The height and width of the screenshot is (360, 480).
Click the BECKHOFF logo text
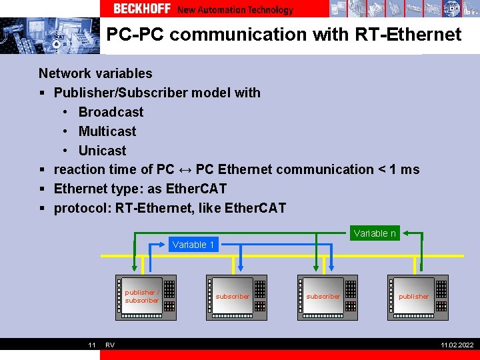141,9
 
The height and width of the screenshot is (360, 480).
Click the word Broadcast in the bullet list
111,112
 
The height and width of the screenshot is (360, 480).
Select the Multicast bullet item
107,131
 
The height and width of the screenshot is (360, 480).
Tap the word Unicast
102,151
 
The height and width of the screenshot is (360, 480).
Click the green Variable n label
375,233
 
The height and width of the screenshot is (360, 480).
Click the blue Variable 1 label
193,245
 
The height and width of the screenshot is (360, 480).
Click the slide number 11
93,345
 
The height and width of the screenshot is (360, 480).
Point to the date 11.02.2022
457,345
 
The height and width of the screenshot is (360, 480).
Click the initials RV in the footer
110,345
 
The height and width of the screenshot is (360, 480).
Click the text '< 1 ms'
399,169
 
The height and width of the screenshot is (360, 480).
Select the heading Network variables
95,73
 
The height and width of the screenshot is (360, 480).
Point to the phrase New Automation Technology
235,9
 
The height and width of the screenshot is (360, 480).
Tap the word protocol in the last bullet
82,208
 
